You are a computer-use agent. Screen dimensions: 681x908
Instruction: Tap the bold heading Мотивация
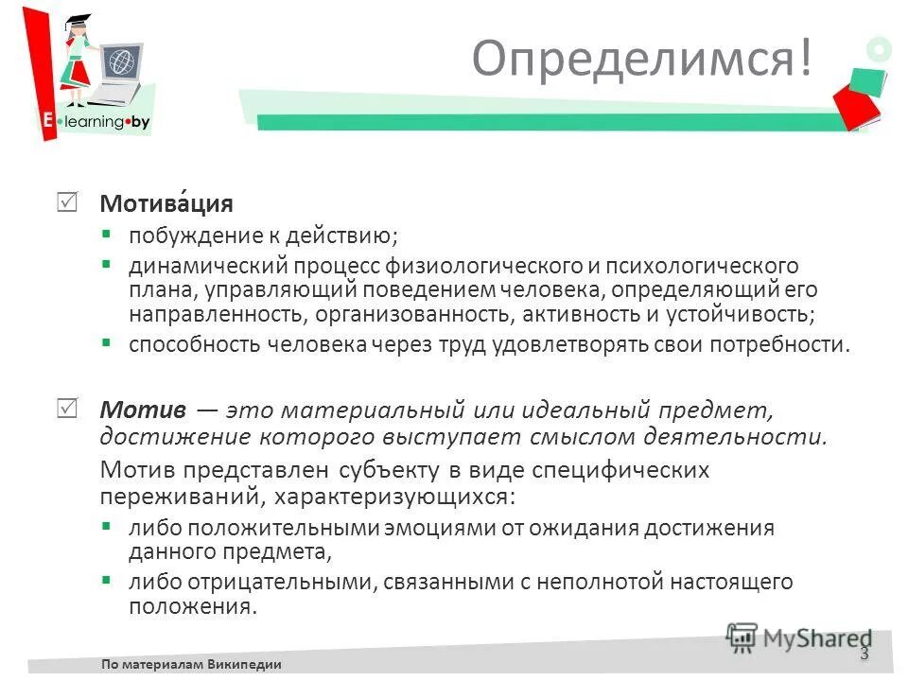pyautogui.click(x=166, y=204)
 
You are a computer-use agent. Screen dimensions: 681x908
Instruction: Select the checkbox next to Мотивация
pyautogui.click(x=68, y=202)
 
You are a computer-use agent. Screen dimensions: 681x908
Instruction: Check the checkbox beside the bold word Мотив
pyautogui.click(x=68, y=409)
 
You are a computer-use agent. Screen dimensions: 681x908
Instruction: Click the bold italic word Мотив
pyautogui.click(x=141, y=410)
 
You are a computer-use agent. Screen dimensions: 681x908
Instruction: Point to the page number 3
pyautogui.click(x=864, y=655)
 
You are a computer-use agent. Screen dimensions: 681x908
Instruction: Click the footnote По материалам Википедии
pyautogui.click(x=192, y=664)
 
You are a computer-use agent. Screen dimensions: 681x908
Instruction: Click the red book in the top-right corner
pyautogui.click(x=857, y=104)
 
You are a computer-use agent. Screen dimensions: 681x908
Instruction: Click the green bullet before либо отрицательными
pyautogui.click(x=107, y=579)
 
